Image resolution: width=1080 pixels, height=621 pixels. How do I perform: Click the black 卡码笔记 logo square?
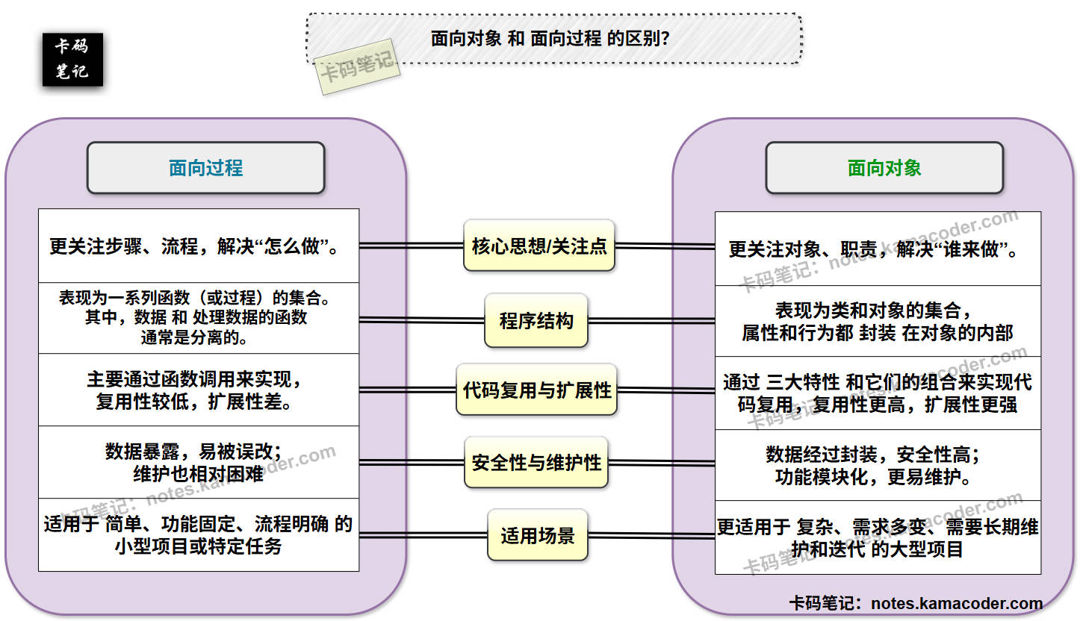pos(72,59)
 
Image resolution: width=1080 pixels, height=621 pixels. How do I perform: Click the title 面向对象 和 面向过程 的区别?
pos(551,39)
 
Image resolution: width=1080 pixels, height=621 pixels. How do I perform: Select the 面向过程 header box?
pos(206,168)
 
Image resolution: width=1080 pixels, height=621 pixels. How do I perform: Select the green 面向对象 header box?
pos(884,168)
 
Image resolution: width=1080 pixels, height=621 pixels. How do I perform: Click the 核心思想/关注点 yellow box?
pos(539,246)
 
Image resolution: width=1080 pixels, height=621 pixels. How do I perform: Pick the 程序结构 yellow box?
pos(536,321)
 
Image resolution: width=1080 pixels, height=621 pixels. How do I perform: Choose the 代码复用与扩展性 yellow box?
pos(537,390)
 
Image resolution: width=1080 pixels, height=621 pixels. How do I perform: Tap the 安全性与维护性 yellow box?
pos(536,463)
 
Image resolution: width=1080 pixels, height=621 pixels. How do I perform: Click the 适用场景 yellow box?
pos(538,536)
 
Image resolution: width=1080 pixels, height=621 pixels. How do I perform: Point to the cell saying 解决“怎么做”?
pos(199,246)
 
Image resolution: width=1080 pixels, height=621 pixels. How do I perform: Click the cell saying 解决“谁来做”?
pos(878,249)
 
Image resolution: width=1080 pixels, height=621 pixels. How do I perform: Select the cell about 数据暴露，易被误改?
pos(199,462)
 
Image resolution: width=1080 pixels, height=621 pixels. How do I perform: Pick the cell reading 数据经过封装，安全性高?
pos(878,464)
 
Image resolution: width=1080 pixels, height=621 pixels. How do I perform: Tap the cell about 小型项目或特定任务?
pos(199,534)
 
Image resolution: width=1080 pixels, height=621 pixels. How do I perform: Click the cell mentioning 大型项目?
pos(878,537)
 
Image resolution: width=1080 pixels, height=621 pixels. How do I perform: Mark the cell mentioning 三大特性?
pos(878,393)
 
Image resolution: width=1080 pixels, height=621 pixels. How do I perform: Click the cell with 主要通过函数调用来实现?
pos(199,390)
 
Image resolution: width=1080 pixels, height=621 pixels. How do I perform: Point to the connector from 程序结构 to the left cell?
pos(422,320)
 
